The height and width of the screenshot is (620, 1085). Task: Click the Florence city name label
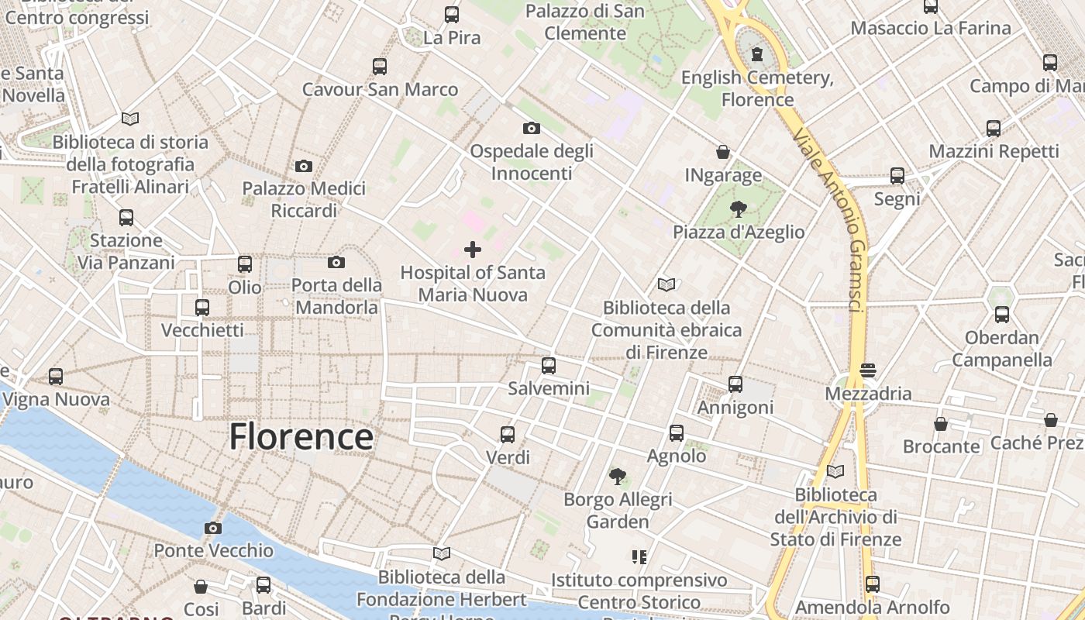point(301,436)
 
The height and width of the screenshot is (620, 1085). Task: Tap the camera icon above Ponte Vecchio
point(213,529)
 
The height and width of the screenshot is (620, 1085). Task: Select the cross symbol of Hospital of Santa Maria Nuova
point(472,250)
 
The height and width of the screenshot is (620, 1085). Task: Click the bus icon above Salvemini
point(549,365)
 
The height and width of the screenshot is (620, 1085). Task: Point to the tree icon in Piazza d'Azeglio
point(738,208)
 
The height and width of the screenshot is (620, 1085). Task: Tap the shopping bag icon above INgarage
point(723,152)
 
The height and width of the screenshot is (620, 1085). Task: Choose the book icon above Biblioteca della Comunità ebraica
point(666,285)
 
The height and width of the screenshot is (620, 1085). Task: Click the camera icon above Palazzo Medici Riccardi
point(304,166)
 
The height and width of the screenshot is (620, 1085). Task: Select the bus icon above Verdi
point(508,434)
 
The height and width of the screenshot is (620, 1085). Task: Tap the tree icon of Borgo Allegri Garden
point(618,476)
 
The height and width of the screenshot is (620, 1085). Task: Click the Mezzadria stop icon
point(867,370)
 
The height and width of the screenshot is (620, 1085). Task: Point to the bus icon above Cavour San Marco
point(379,67)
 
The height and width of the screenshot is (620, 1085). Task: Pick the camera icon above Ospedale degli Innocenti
point(531,128)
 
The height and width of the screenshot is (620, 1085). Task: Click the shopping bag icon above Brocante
point(940,424)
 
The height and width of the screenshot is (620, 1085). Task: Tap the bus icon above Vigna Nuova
point(56,377)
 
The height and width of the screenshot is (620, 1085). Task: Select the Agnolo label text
point(677,456)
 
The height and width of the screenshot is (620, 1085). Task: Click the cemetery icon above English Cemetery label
point(757,54)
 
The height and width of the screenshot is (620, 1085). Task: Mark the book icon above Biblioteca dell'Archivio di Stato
point(835,471)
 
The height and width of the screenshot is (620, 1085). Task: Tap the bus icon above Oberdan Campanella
point(1001,315)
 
